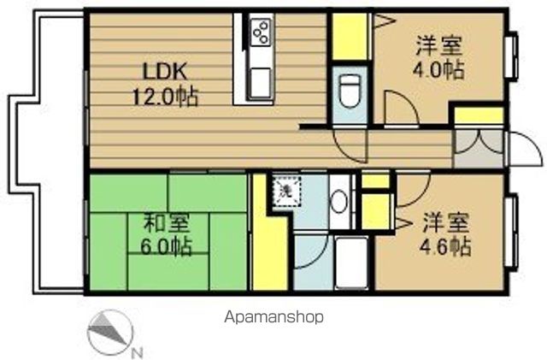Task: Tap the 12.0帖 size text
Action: point(167,97)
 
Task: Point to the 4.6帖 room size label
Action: point(446,247)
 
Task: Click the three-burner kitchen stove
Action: point(261,33)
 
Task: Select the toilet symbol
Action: point(349,87)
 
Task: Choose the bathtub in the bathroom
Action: point(347,262)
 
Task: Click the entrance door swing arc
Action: point(521,147)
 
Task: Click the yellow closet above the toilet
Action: point(349,35)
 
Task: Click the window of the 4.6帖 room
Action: point(515,231)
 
